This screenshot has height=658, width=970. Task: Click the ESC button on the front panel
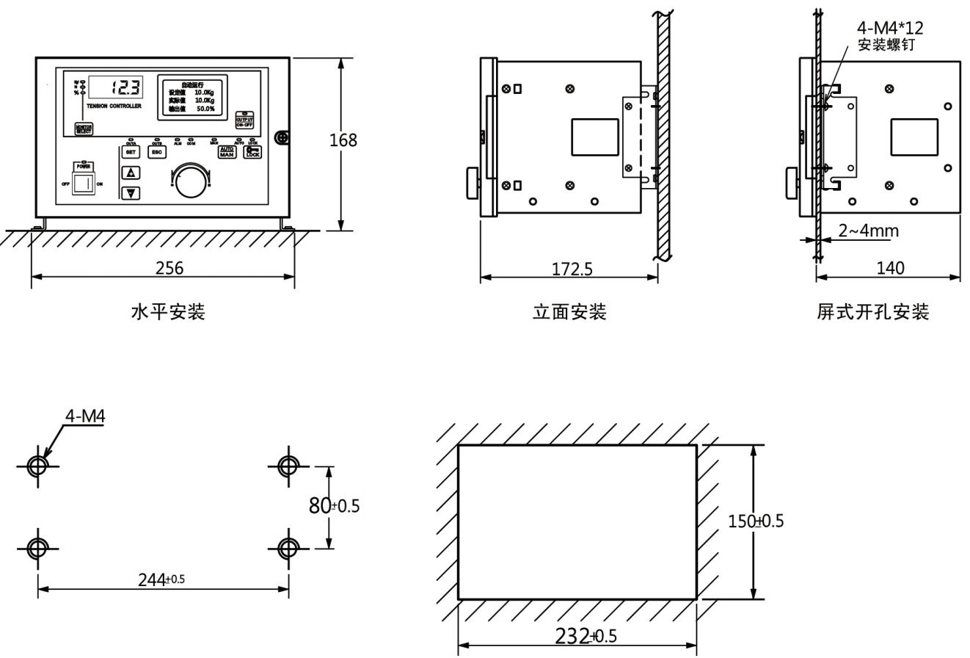coord(156,152)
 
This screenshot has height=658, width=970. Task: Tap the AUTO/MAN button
coord(227,152)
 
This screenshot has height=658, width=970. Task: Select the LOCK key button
coord(252,152)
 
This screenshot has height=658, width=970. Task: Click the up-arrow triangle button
coord(131,173)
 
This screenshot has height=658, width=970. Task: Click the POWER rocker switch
coord(83,183)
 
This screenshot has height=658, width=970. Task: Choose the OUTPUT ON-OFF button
coord(244,121)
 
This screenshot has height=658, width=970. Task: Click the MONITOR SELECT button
coord(84,128)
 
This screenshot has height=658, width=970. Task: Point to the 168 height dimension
coord(343,140)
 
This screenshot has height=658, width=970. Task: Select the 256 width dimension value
coord(169,268)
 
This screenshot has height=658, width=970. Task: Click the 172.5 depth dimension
coord(572,269)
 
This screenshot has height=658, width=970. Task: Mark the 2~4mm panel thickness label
coord(868,231)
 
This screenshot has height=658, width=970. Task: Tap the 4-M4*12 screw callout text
coord(890,29)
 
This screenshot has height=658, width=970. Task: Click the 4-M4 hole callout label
coord(85,416)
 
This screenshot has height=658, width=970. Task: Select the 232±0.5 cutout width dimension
coord(577,637)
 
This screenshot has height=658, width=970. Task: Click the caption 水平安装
coord(167,313)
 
